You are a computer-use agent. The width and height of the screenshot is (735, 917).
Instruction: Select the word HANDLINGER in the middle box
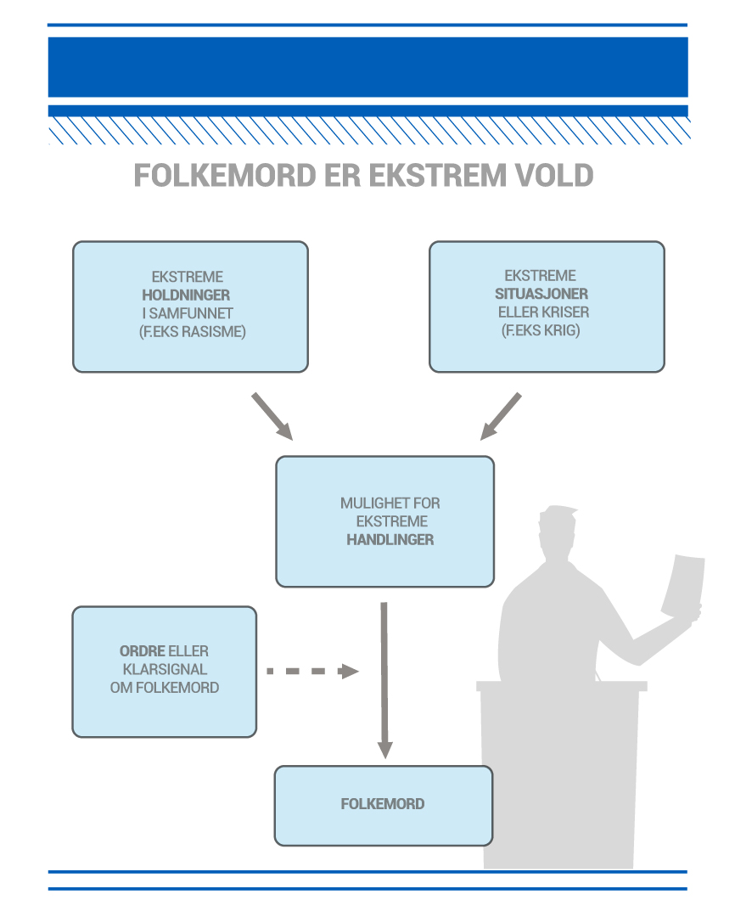click(390, 539)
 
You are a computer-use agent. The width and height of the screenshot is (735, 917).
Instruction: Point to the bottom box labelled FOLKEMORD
click(383, 804)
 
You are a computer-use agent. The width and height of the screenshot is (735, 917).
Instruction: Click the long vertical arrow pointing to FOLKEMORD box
click(384, 679)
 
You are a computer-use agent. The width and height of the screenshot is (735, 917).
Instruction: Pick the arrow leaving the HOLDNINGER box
click(272, 416)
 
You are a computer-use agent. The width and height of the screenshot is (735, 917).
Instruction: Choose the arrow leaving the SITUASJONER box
click(501, 416)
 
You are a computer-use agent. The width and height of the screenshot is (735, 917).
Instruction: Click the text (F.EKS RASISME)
click(192, 331)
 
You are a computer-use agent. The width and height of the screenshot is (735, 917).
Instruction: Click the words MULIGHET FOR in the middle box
click(390, 503)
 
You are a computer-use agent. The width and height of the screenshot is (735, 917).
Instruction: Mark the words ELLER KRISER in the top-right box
click(543, 312)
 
